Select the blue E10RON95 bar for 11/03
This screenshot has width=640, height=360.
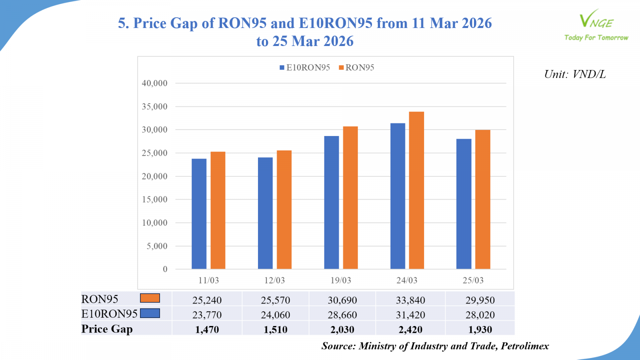pos(199,214)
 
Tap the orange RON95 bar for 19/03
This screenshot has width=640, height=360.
pos(350,198)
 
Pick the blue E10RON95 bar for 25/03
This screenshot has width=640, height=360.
pos(464,204)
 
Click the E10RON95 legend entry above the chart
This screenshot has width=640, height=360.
pos(305,68)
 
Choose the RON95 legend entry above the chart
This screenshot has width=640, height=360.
pos(356,68)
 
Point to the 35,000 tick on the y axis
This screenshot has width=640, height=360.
pos(154,106)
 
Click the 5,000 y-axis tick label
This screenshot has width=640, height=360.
pos(157,246)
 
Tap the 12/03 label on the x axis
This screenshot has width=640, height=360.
pos(274,280)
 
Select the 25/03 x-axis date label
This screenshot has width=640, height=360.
pos(473,280)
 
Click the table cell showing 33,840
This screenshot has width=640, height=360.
pos(410,300)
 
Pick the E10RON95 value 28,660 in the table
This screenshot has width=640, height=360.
pos(342,315)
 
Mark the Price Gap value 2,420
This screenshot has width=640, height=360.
pos(410,330)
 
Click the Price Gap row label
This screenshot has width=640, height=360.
pos(107,329)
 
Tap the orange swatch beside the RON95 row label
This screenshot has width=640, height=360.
pos(150,298)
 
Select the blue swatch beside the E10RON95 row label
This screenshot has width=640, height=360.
pos(150,313)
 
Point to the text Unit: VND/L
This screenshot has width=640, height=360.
pos(575,74)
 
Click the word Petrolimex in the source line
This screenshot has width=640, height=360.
pos(525,346)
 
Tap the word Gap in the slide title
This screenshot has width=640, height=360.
pos(184,23)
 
